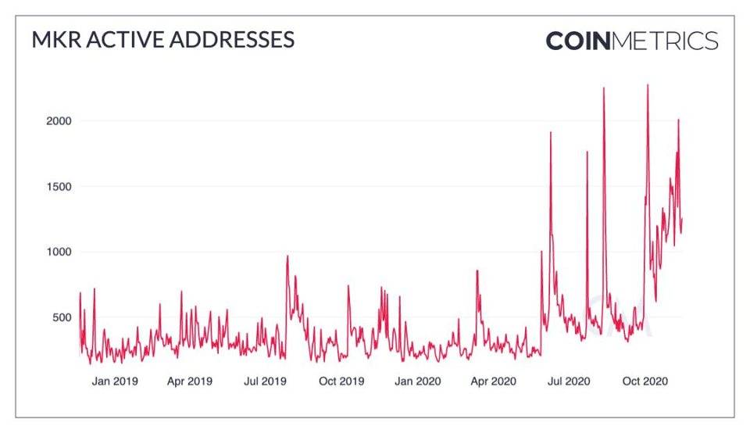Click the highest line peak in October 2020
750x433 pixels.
648,84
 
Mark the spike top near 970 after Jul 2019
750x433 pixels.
287,256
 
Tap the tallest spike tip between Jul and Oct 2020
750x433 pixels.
604,88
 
